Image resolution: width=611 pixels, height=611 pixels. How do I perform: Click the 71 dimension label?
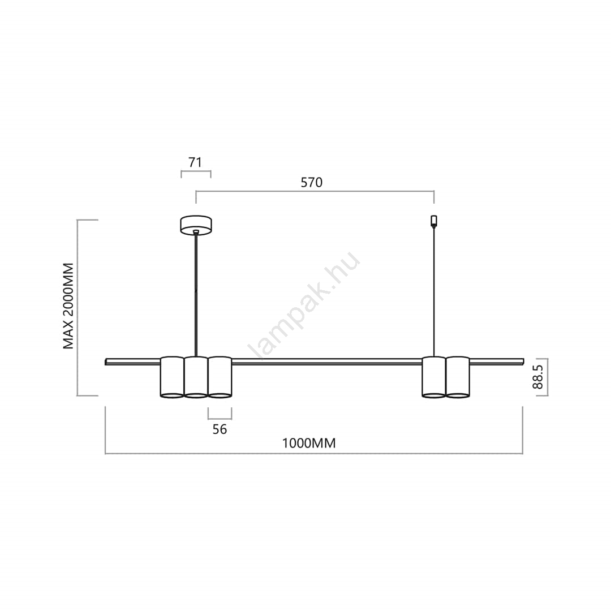[195, 162]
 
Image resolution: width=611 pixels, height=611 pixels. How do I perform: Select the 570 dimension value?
[312, 182]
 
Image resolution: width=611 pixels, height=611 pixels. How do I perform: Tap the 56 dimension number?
[220, 429]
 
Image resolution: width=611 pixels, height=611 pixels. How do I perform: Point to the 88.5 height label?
[538, 377]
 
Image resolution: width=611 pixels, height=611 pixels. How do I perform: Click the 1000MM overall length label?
[309, 443]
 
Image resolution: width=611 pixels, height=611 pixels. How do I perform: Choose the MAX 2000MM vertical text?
[68, 306]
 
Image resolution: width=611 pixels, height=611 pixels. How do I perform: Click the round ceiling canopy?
[196, 225]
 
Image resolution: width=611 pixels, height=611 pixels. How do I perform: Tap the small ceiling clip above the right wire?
[434, 221]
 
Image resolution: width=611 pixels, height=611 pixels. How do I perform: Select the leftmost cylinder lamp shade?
[172, 377]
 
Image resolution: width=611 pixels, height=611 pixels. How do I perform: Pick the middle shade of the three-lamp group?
[196, 377]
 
